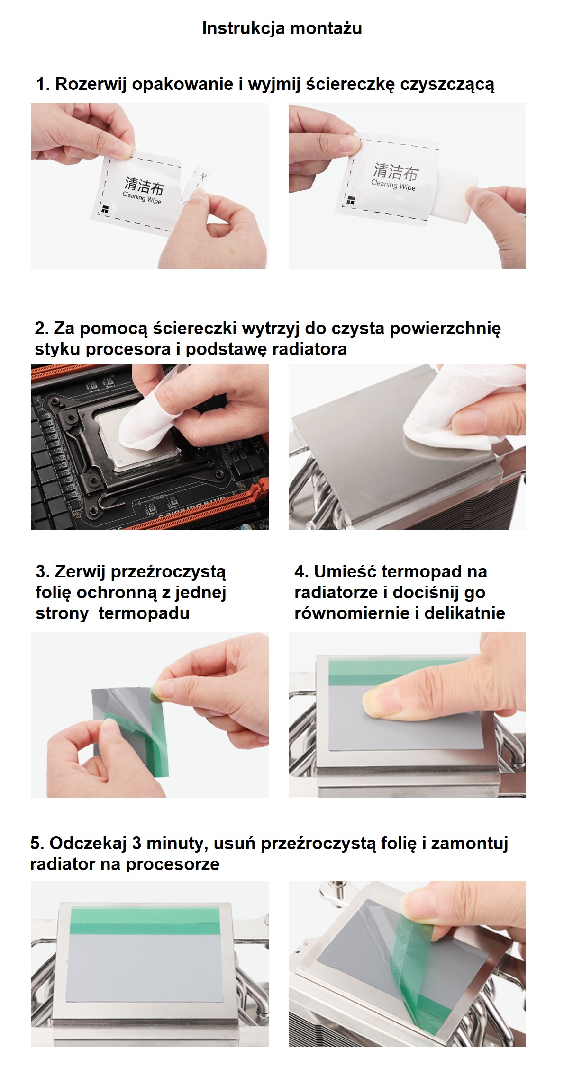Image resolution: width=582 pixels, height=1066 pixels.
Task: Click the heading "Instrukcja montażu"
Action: tap(282, 28)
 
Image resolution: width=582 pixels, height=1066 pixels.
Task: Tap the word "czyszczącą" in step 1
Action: tap(447, 85)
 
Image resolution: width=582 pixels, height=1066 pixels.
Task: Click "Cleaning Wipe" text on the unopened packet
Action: tap(142, 198)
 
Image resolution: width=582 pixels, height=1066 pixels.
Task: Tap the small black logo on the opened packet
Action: tap(350, 201)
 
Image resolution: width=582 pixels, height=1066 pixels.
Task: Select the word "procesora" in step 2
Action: tap(129, 349)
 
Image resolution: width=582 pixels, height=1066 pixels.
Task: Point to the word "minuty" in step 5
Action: tap(175, 844)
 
